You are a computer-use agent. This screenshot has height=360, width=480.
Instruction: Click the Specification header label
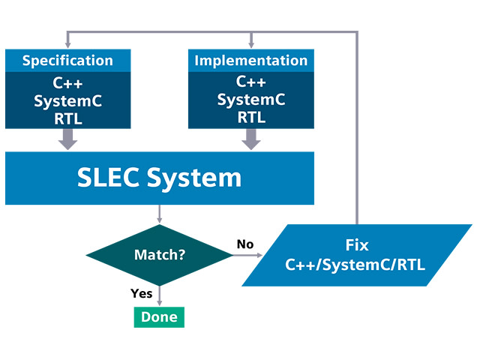pos(67,61)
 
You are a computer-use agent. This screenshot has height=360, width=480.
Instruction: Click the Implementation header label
pos(250,61)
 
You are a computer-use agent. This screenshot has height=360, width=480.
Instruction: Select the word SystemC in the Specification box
pos(67,100)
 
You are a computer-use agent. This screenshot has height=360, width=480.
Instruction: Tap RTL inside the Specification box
pos(67,117)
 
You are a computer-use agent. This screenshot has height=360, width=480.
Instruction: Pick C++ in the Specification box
pos(67,82)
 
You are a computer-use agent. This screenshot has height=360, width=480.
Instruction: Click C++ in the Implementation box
pos(250,82)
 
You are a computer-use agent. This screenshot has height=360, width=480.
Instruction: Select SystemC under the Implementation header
pos(250,99)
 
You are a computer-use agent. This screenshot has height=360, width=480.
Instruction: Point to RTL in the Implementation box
pos(250,117)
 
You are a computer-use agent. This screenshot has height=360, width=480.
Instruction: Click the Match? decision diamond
pos(160,255)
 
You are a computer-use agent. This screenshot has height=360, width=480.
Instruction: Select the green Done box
pos(159,316)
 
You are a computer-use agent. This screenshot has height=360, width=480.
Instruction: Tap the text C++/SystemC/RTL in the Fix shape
pos(358,264)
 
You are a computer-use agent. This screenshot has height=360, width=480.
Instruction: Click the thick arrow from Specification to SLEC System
pos(67,139)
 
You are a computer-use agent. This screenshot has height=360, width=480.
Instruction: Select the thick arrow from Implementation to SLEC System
pos(250,139)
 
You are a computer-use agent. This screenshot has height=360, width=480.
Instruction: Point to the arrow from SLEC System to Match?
pos(160,214)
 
